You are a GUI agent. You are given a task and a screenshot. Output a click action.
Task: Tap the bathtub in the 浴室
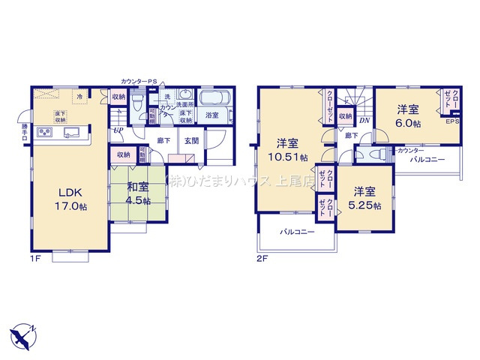[218, 100]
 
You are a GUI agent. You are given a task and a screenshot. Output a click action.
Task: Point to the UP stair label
[118, 130]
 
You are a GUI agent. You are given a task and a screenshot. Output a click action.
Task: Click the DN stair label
[365, 119]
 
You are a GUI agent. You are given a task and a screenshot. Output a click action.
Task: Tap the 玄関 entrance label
[191, 140]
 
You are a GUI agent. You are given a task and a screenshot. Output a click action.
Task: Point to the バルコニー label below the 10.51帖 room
[298, 232]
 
